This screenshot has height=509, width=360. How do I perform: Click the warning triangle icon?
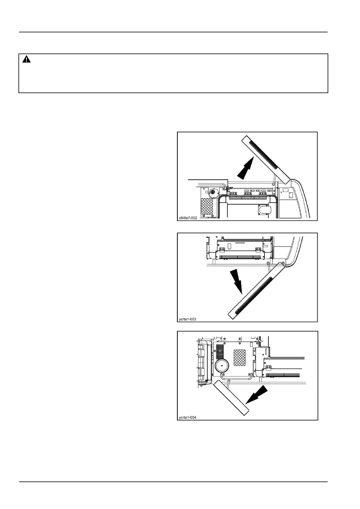click(27, 60)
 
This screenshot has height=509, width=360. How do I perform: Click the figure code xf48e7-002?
click(188, 218)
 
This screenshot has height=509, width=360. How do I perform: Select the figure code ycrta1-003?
click(188, 319)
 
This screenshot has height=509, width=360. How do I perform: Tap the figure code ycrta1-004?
click(188, 417)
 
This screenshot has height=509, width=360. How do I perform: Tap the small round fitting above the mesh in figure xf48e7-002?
click(213, 192)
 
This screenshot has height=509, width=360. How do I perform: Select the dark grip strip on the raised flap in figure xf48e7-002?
click(262, 154)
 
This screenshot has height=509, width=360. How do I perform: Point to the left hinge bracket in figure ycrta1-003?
click(221, 250)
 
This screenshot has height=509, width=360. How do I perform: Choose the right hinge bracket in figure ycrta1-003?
click(258, 250)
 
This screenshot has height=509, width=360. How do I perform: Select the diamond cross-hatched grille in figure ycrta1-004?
click(240, 357)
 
